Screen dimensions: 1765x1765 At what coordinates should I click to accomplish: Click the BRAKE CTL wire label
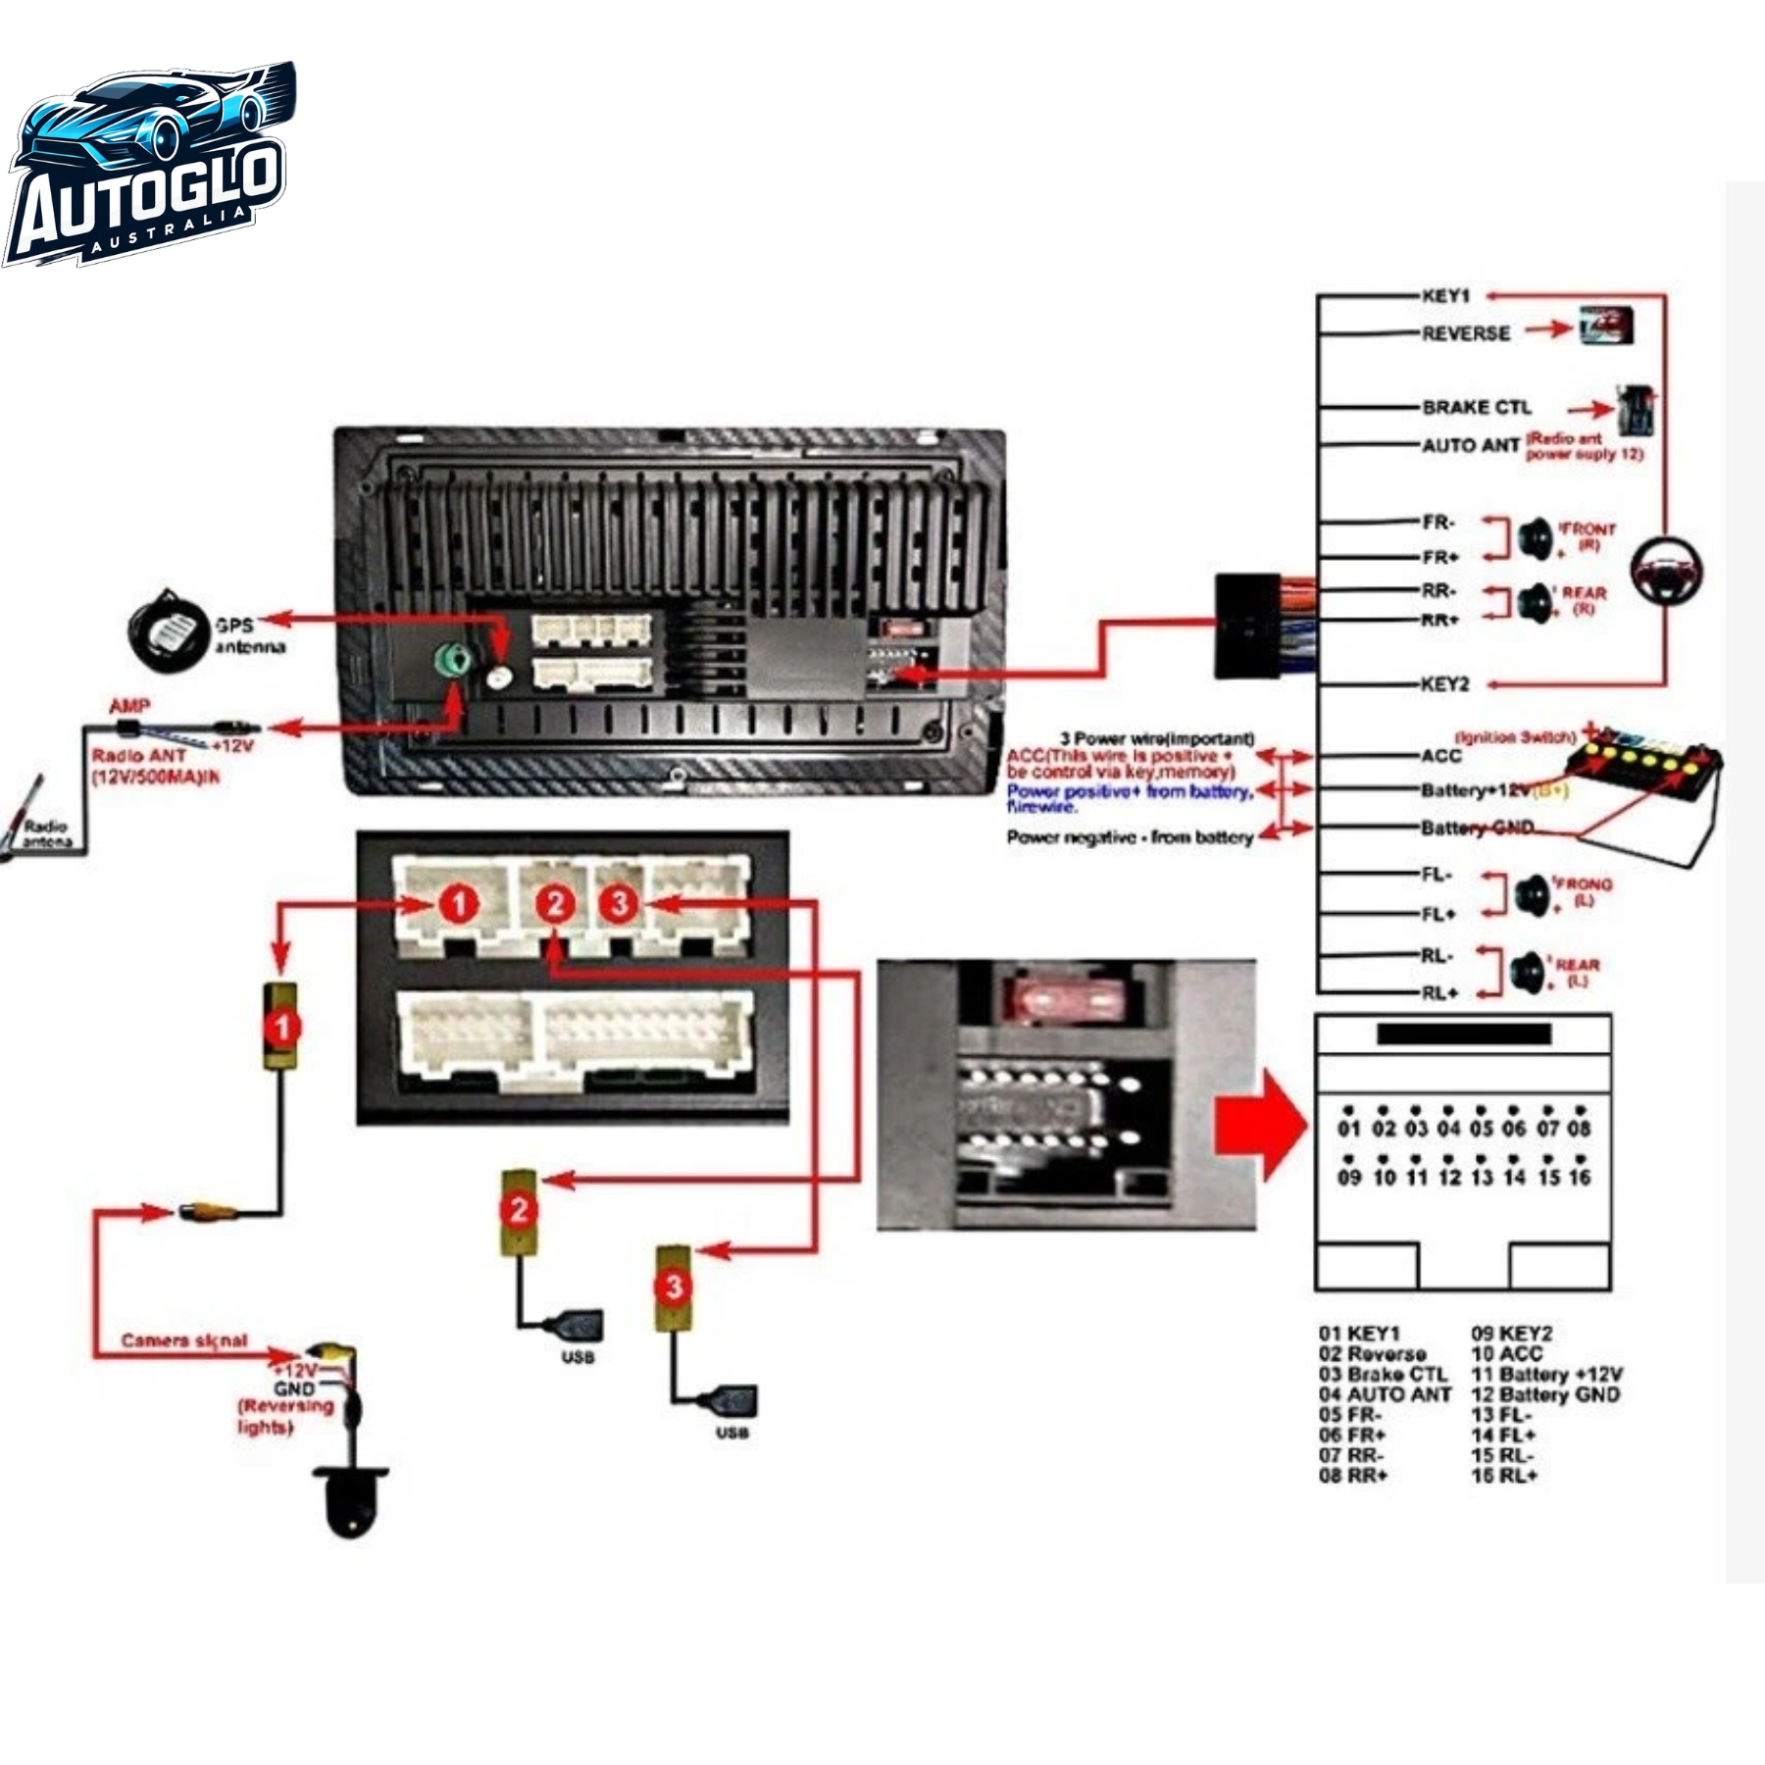tap(1476, 407)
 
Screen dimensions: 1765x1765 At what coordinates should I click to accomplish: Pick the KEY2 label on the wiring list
tap(1445, 683)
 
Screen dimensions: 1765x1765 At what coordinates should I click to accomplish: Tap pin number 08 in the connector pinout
tap(1578, 1129)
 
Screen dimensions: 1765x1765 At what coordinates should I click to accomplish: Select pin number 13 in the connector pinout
tap(1482, 1178)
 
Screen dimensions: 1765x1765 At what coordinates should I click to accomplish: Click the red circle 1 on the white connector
tap(458, 903)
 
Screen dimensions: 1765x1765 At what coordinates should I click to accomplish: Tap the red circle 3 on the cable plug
tap(673, 1286)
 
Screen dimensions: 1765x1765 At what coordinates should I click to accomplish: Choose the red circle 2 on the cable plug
tap(519, 1210)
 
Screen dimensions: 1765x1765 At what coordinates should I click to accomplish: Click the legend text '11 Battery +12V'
tap(1546, 1374)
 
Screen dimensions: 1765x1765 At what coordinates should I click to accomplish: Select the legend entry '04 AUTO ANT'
tap(1384, 1394)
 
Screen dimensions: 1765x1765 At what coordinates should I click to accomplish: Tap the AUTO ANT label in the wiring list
tap(1470, 445)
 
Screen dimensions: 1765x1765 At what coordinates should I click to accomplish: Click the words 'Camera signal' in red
tap(184, 1340)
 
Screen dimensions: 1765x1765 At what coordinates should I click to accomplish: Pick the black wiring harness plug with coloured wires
tap(1247, 626)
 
